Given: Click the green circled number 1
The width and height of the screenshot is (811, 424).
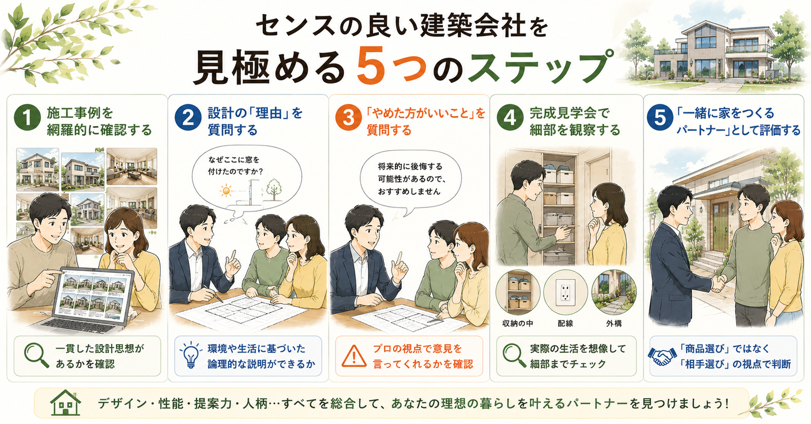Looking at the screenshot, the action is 28,118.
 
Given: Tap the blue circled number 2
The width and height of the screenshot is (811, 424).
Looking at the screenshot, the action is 188,118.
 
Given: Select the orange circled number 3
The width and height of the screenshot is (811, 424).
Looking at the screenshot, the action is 348,118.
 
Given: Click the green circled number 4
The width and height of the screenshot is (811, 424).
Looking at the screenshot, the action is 510,118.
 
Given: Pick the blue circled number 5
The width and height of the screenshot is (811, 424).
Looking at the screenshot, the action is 660,118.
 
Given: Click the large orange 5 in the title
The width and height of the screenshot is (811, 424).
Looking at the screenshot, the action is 371,65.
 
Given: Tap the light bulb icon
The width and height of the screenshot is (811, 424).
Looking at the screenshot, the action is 191,356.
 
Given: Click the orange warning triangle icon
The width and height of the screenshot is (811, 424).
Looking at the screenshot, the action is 354,356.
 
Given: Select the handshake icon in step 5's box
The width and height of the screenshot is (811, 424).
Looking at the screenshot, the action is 662,356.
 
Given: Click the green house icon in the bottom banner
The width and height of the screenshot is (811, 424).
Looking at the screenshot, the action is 65,402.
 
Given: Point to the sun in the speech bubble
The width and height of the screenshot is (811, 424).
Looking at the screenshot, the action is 227,191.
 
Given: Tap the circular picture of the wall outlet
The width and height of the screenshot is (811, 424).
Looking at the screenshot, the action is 565,292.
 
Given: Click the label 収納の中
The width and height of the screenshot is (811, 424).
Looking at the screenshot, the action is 518,323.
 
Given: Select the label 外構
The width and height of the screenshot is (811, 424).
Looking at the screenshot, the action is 614,323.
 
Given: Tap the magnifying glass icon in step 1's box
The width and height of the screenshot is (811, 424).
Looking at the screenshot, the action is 36,356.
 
